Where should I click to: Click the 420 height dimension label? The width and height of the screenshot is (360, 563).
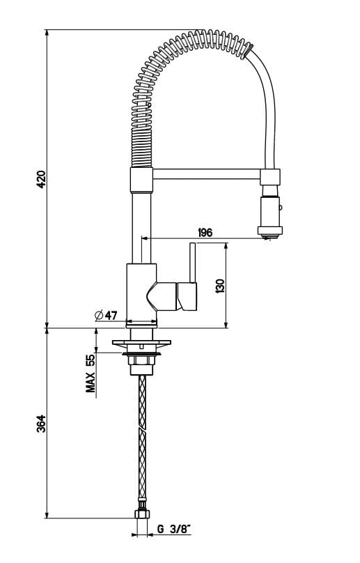(x=41, y=180)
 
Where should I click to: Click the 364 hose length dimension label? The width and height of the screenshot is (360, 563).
(x=41, y=424)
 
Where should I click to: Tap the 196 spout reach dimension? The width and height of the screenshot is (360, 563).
(x=205, y=232)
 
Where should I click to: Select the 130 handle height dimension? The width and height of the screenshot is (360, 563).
(x=220, y=285)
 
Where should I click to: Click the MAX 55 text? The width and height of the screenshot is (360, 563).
(x=91, y=373)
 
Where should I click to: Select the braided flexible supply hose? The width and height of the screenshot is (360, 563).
(x=142, y=439)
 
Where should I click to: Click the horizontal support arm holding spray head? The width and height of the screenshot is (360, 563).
(x=205, y=172)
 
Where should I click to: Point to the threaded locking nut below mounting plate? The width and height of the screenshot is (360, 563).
(x=141, y=360)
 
